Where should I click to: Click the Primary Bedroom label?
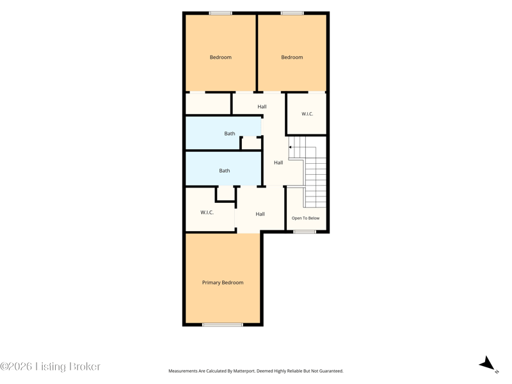(x=223, y=282)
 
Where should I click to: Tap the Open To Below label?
(x=306, y=218)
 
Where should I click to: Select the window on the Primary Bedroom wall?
(x=223, y=324)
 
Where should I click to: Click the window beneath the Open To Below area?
(x=305, y=232)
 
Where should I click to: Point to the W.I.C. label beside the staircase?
(x=307, y=114)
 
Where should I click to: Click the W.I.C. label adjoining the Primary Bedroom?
(x=207, y=212)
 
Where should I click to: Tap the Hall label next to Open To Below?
(x=260, y=214)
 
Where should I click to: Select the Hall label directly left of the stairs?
(x=278, y=163)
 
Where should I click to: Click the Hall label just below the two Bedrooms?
(x=262, y=107)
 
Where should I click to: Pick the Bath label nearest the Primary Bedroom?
(x=225, y=171)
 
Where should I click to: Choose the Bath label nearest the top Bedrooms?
(x=230, y=134)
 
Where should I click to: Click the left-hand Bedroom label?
(x=221, y=57)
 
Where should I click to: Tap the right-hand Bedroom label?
(x=292, y=57)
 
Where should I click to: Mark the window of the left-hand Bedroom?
(x=221, y=13)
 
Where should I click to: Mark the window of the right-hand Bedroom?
(x=292, y=13)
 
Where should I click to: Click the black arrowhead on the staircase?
(x=290, y=147)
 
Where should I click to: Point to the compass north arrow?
(x=487, y=364)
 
